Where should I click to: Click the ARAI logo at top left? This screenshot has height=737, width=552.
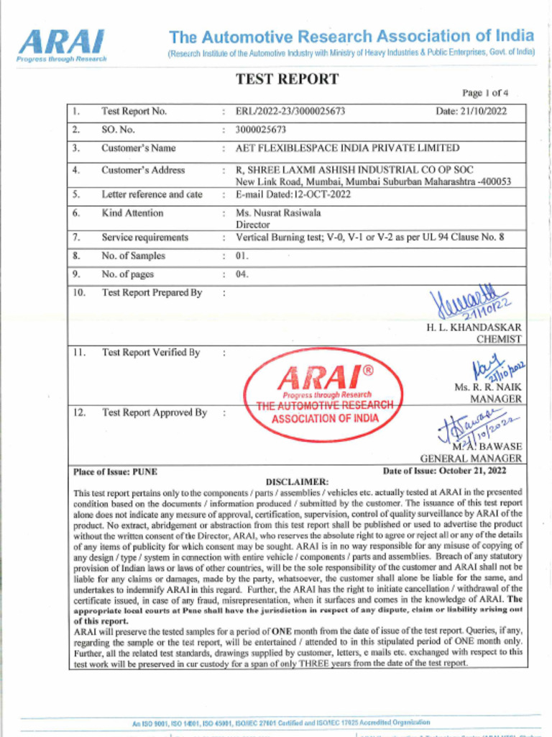(62, 45)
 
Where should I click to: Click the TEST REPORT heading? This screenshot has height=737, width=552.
(287, 79)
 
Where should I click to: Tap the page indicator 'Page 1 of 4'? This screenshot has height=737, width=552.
(485, 93)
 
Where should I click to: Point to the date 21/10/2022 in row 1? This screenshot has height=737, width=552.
(471, 112)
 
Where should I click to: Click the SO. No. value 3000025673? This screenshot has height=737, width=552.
(261, 130)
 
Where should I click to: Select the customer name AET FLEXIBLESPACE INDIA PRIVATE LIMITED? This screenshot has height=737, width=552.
(347, 148)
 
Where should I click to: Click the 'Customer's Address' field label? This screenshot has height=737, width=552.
(143, 171)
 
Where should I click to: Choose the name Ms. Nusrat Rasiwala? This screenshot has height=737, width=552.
(278, 213)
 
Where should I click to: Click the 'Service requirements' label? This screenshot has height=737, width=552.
(144, 238)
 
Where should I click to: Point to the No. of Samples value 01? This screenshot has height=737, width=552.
(241, 256)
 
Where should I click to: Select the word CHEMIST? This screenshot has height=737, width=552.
(499, 339)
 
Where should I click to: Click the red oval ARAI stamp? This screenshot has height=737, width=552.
(323, 394)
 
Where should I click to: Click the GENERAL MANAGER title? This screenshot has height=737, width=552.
(471, 458)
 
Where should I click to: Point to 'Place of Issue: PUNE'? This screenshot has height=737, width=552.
(116, 472)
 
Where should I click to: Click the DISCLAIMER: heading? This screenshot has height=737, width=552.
(297, 481)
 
